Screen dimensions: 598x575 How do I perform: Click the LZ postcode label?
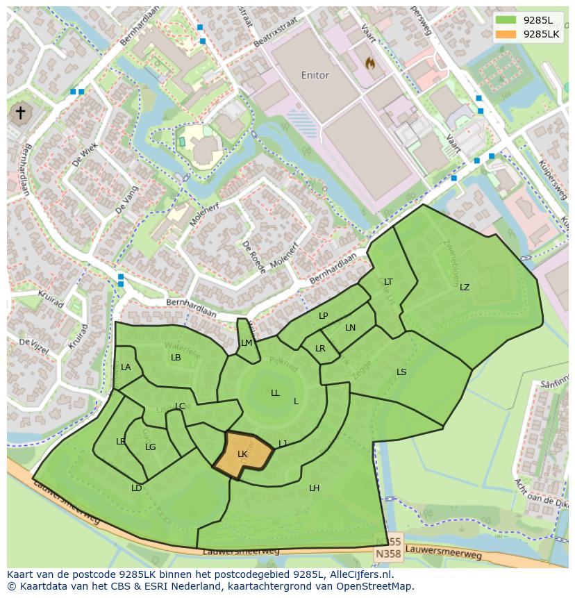465,288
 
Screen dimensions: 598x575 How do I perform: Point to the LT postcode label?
388,282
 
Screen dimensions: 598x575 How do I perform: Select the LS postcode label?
401,372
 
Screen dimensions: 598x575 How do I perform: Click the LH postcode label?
314,488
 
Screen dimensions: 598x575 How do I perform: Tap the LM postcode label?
247,343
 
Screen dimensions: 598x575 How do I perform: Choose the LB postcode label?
176,358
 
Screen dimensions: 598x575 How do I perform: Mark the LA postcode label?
126,367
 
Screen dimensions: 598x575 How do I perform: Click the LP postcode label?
323,316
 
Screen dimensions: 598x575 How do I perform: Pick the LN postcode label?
350,328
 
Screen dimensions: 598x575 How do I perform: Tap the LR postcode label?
320,349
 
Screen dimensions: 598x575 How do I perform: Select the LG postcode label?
151,447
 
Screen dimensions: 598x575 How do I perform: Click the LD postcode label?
137,488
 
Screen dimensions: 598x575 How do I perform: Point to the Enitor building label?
315,75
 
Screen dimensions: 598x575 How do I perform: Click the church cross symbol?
21,113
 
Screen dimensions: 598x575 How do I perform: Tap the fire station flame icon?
370,63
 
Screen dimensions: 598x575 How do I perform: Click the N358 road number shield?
387,554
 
